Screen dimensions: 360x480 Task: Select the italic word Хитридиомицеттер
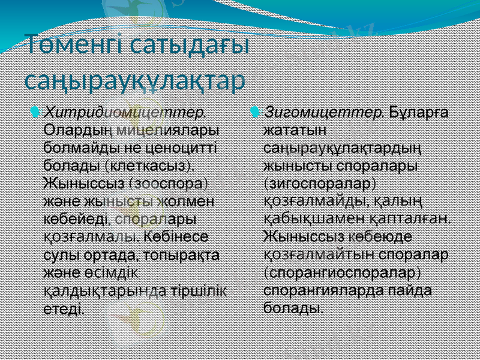pyautogui.click(x=126, y=112)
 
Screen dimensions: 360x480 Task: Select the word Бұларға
pyautogui.click(x=421, y=112)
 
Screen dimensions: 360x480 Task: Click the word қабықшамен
pyautogui.click(x=313, y=217)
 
